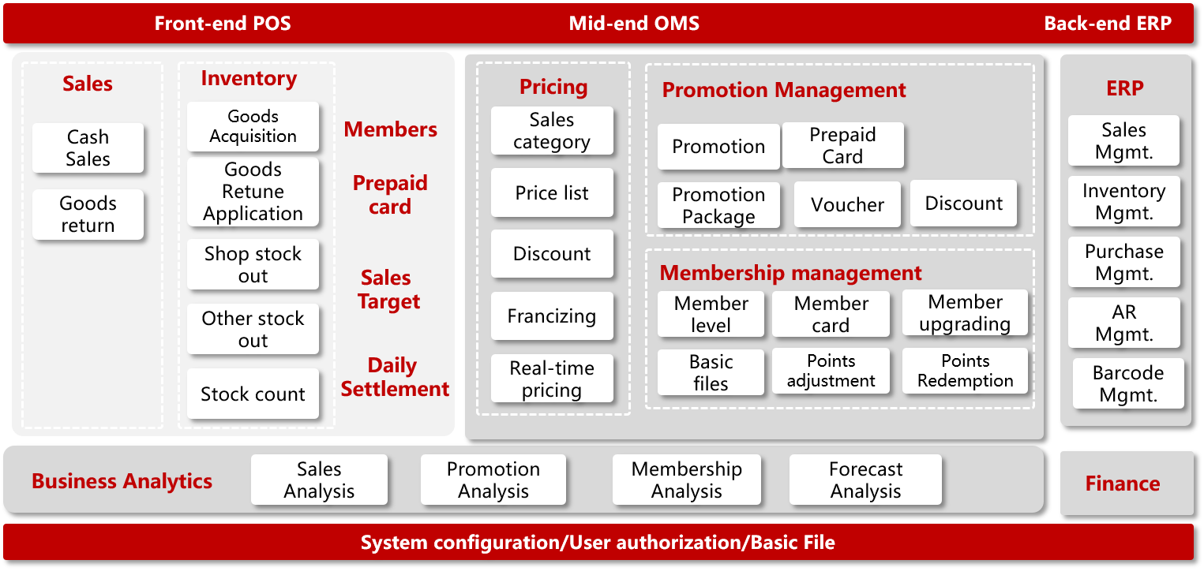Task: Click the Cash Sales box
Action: [88, 148]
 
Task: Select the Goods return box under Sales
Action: [88, 215]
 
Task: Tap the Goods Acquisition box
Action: [253, 127]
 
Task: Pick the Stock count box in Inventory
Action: [253, 394]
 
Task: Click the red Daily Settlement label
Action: [395, 377]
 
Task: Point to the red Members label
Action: [390, 129]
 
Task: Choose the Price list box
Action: [552, 192]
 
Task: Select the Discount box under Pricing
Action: [552, 253]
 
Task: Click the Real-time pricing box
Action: [552, 379]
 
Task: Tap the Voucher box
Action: [847, 204]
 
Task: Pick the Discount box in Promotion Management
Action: [963, 203]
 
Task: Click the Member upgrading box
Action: [965, 313]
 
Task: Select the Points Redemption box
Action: [965, 371]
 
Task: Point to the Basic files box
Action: [711, 372]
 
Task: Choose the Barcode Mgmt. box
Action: [1128, 383]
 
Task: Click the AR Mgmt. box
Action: [1124, 323]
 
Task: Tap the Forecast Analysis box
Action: [865, 480]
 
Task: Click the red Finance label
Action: [1123, 484]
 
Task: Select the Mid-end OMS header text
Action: [634, 23]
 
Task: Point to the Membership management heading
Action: [790, 273]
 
